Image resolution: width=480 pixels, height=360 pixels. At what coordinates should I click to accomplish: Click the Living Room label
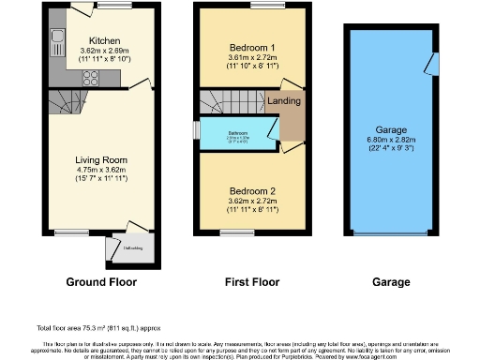click(x=100, y=159)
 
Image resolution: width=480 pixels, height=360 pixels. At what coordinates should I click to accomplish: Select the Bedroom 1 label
click(x=252, y=47)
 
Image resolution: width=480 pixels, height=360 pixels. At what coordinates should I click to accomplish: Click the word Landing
click(x=284, y=101)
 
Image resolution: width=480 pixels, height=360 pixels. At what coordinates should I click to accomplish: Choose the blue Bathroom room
click(x=238, y=136)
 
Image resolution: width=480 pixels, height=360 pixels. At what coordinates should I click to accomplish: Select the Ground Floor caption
click(x=101, y=281)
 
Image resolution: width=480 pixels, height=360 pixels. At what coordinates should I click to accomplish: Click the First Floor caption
click(x=252, y=281)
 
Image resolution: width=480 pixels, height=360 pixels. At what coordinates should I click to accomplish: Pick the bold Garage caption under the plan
click(x=391, y=281)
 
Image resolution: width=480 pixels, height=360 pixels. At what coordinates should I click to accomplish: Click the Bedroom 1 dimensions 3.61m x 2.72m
click(x=252, y=56)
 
